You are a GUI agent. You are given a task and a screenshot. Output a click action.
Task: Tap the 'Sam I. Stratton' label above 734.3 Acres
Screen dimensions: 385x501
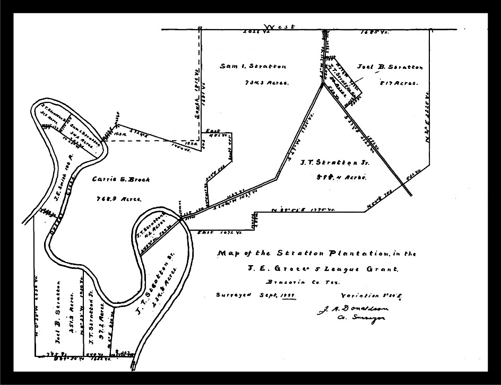point(253,67)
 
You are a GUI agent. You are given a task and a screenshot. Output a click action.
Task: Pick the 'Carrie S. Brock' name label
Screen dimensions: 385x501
point(121,180)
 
